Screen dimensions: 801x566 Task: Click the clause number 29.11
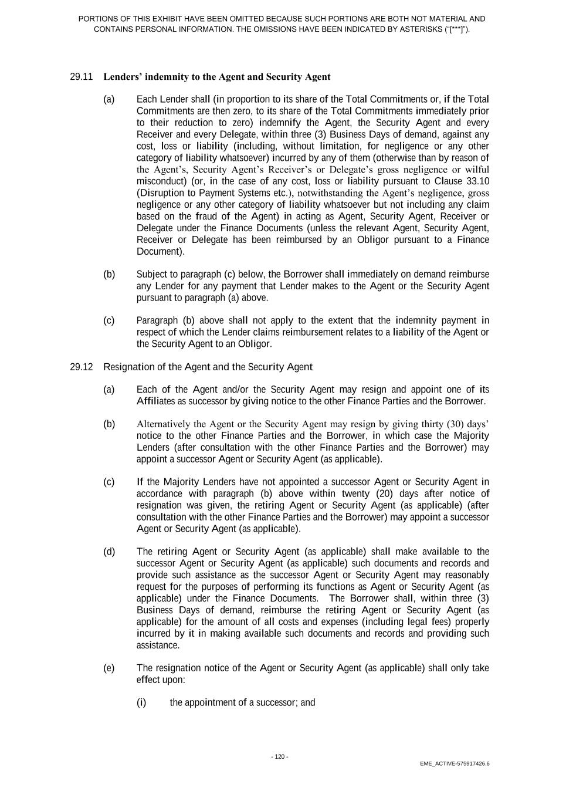(82, 77)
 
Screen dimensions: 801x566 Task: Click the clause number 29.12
(82, 367)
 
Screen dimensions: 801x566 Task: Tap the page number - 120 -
(280, 757)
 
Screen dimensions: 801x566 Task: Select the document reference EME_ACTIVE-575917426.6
(455, 764)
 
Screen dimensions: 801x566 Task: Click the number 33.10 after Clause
(477, 181)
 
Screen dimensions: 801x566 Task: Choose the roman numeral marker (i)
(141, 702)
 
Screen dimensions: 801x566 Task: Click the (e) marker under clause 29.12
(109, 668)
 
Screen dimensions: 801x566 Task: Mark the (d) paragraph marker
(109, 552)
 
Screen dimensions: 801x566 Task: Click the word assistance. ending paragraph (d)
(158, 645)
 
